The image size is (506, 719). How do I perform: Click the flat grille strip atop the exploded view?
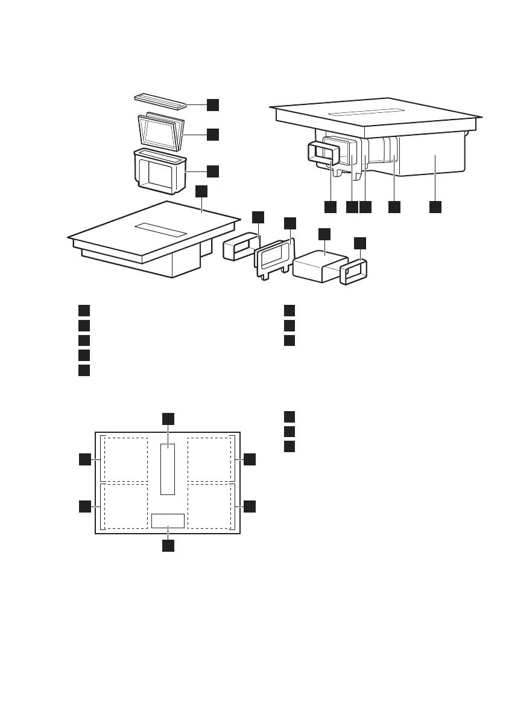pos(160,99)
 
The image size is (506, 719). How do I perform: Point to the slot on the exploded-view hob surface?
pos(160,229)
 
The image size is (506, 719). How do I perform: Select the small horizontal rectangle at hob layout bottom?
pos(168,520)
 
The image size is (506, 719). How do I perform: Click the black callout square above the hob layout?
pos(168,418)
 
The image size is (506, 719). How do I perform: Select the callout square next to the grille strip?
pos(212,104)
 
